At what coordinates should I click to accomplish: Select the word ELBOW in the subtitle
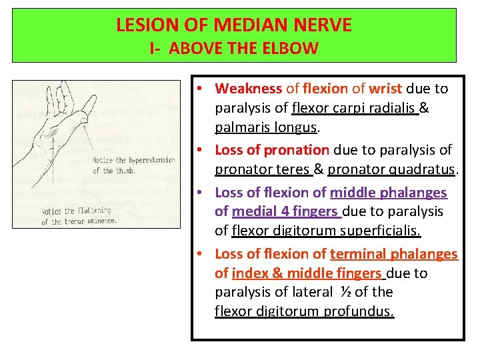[293, 48]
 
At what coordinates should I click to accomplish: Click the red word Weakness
[249, 89]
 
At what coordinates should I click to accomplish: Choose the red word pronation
[298, 150]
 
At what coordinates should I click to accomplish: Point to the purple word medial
[249, 211]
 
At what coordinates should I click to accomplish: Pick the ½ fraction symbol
[345, 292]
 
